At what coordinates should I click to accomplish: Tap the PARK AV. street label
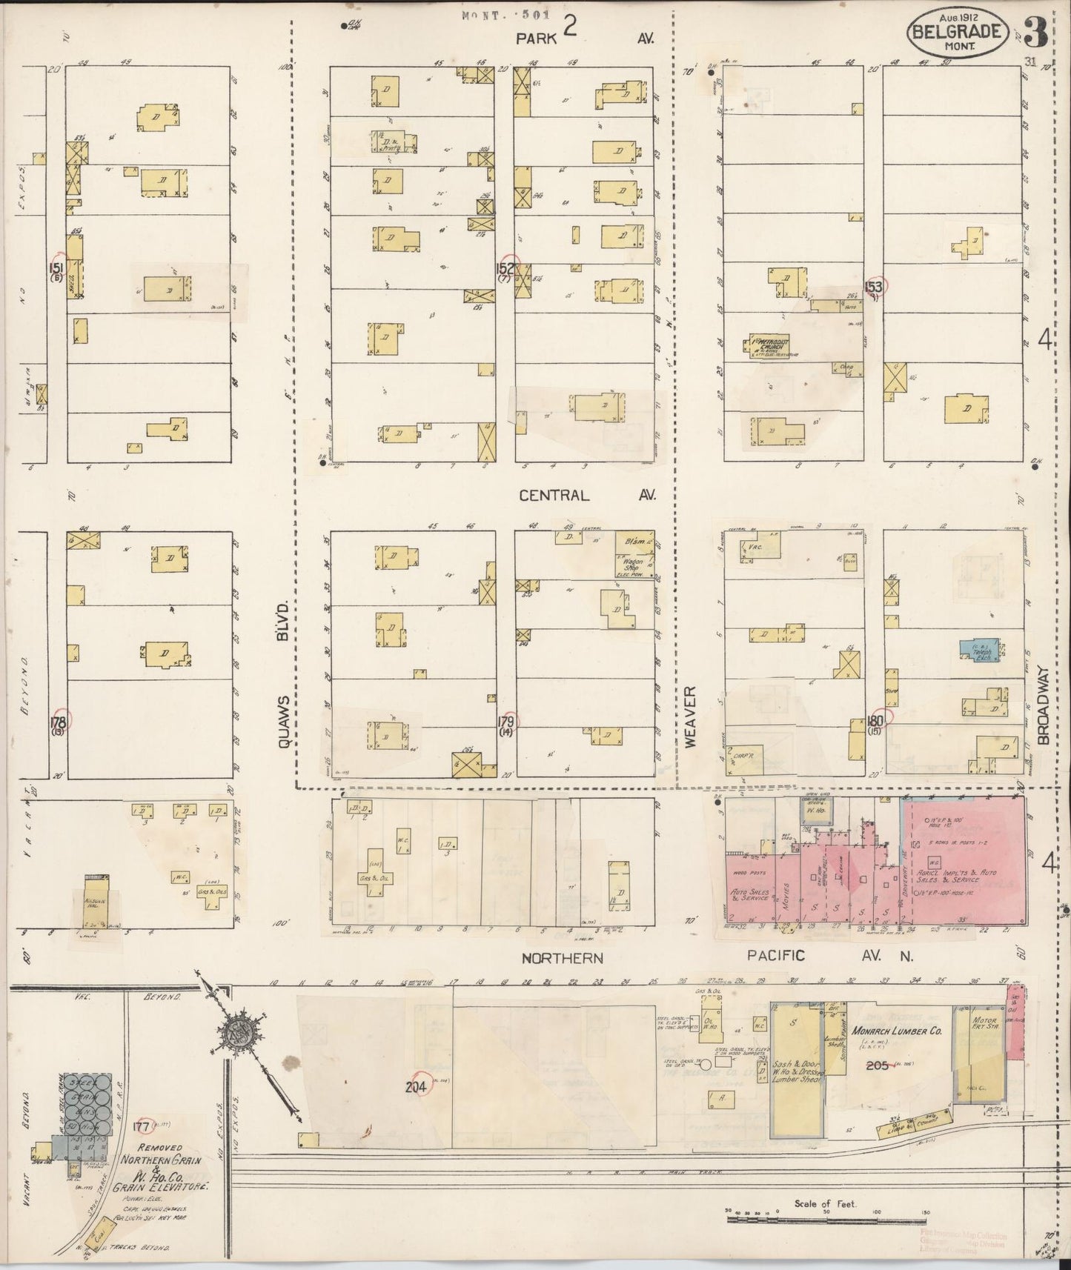tap(586, 39)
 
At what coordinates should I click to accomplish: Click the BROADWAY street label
tap(1044, 705)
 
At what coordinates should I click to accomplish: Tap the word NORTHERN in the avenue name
tap(562, 958)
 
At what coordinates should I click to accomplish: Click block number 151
tap(56, 267)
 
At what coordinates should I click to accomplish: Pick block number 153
tap(875, 287)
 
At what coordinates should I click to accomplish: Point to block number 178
tap(58, 722)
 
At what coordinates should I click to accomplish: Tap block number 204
tap(415, 1087)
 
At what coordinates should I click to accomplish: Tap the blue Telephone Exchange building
tap(980, 650)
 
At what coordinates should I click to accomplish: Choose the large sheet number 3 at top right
tap(1038, 33)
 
